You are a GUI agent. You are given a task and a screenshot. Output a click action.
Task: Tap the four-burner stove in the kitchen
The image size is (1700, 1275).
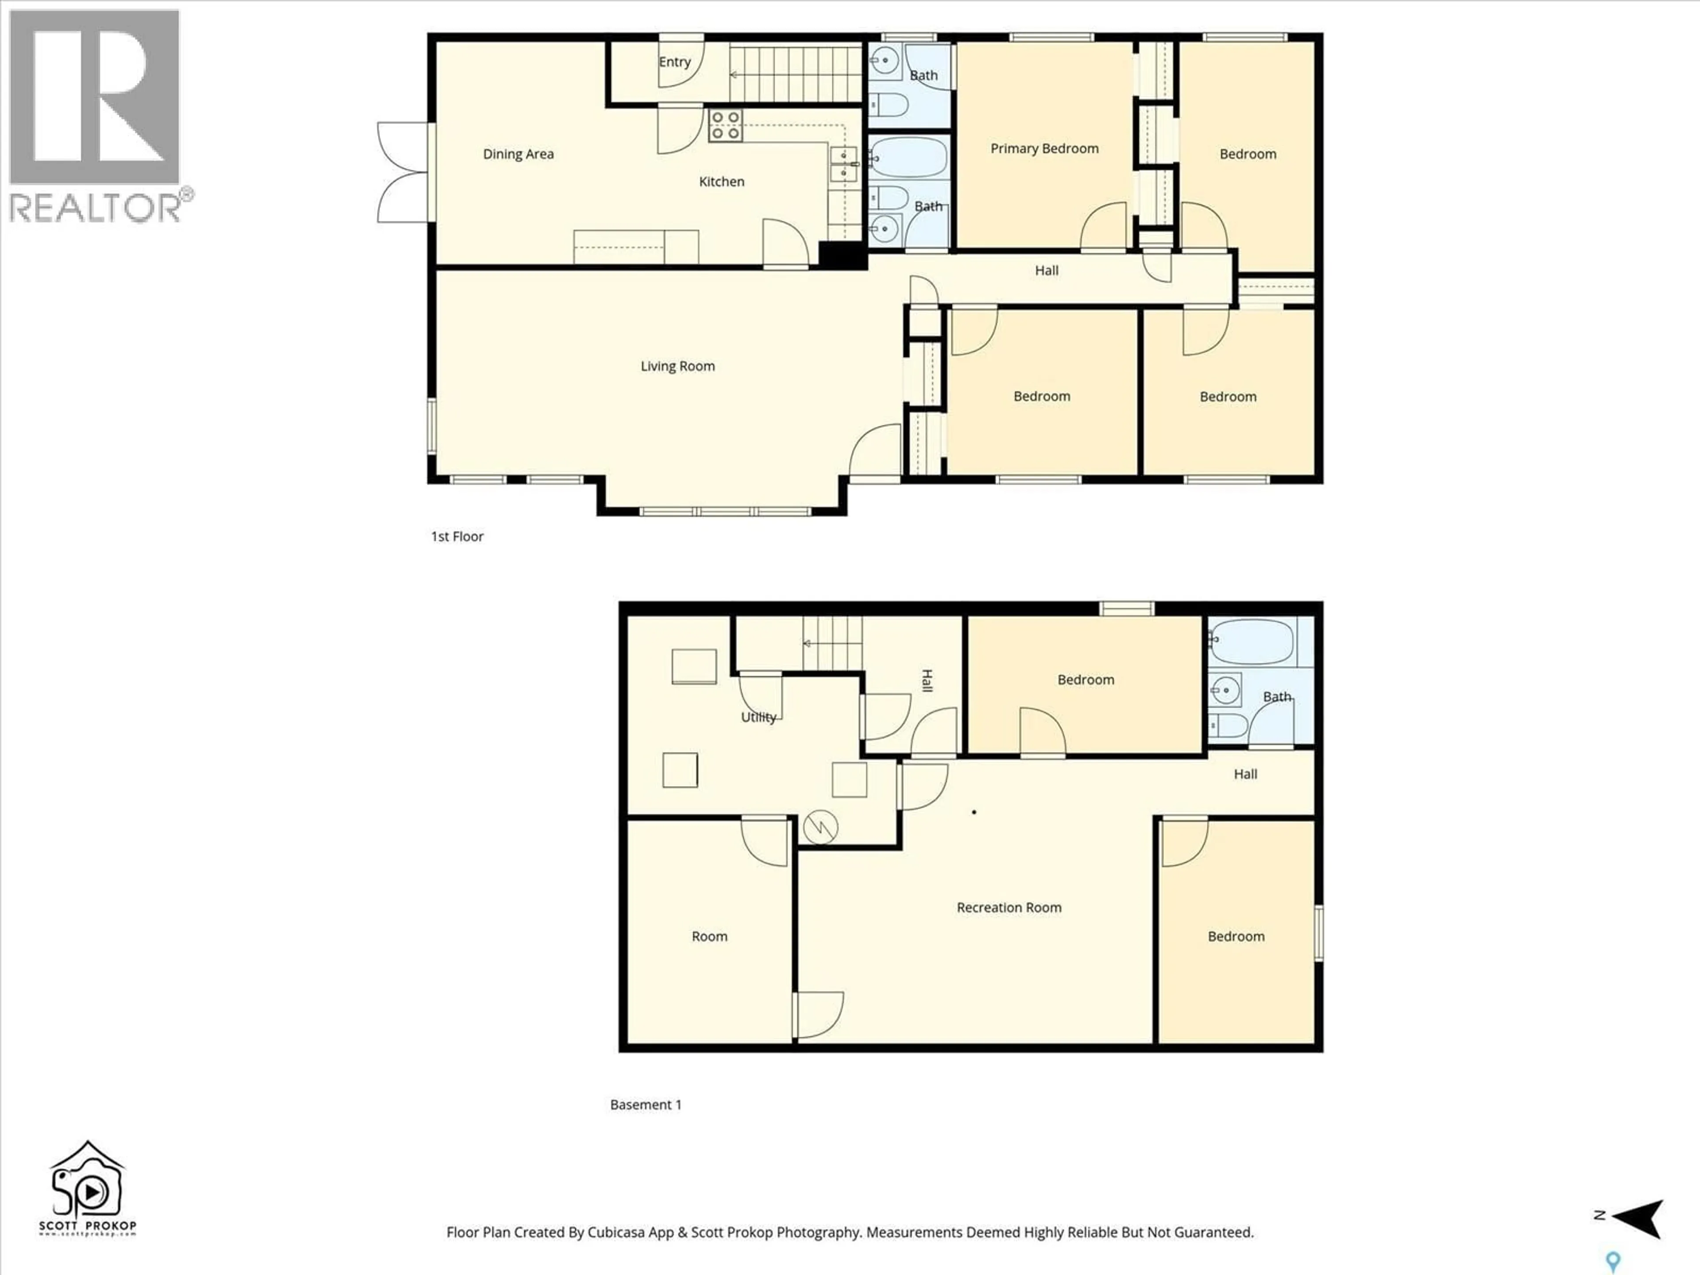pos(725,125)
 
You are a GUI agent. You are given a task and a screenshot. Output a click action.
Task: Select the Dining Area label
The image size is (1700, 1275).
pos(518,154)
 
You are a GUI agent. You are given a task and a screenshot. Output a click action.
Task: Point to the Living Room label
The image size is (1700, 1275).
pos(677,366)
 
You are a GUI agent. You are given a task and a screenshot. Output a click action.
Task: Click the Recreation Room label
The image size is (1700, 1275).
pos(1008,908)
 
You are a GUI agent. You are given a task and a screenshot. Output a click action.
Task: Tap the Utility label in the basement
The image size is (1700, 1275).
pos(758,717)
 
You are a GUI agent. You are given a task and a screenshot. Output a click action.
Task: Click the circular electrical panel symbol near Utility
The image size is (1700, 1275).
pos(820,828)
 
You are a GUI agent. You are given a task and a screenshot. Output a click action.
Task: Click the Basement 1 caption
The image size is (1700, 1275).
pos(645,1105)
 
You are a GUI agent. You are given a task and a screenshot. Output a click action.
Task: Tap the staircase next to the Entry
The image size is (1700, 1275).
pos(796,74)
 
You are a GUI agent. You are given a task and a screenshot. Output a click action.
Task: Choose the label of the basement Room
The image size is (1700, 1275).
pos(709,936)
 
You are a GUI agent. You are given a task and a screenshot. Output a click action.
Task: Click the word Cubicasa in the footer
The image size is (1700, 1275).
pos(616,1232)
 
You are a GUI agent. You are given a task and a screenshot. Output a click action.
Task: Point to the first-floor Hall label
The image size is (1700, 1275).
pos(1046,270)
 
